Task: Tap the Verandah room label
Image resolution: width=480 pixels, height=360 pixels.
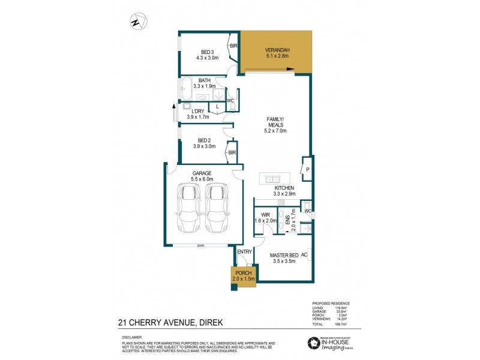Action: coord(277,53)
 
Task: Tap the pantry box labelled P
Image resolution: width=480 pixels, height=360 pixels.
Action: coord(307,170)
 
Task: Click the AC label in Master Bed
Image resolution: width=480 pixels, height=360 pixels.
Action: coord(304,254)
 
